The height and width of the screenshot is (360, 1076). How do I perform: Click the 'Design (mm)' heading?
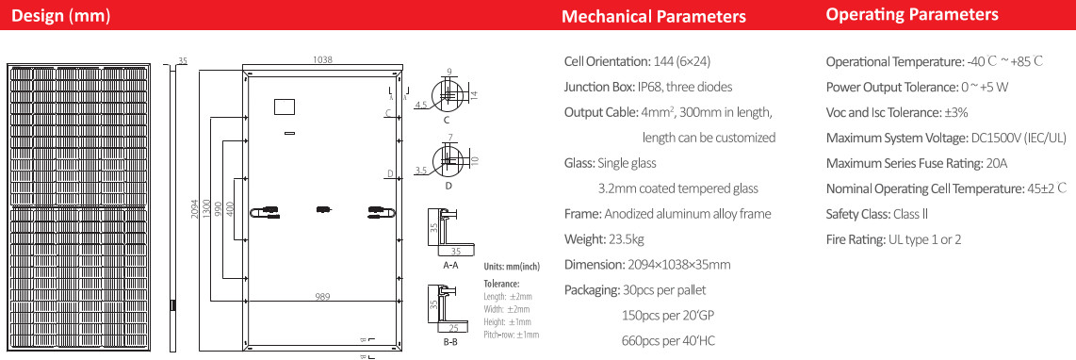61,15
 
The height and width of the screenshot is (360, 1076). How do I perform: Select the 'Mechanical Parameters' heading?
653,16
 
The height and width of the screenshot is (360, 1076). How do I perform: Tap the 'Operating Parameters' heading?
912,14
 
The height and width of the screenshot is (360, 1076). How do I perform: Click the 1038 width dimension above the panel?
322,59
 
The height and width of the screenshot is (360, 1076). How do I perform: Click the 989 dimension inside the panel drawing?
323,298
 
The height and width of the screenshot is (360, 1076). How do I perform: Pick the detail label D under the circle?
448,186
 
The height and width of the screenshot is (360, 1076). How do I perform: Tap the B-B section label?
450,341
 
